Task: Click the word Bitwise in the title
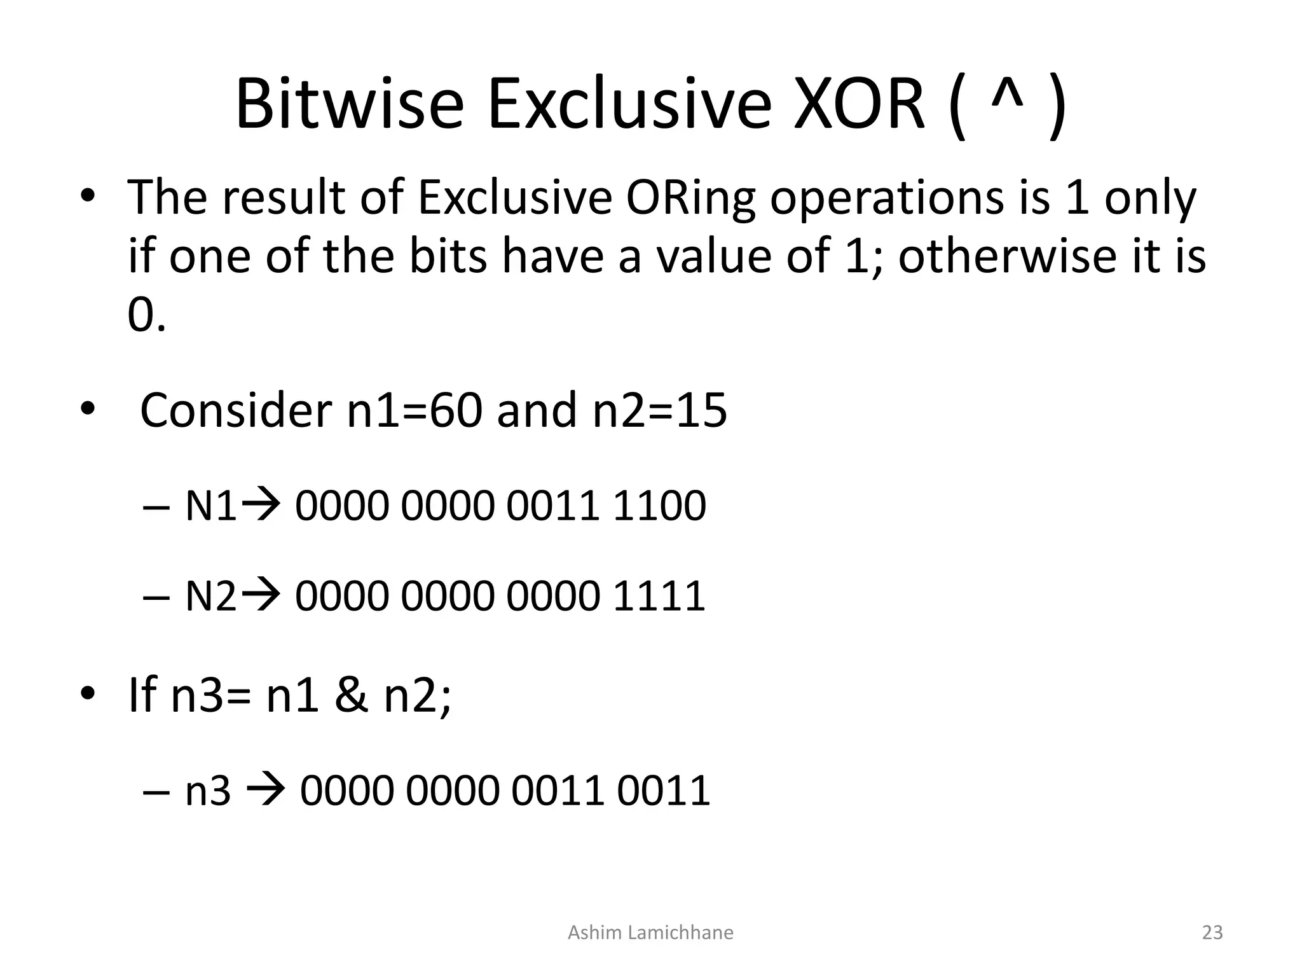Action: tap(350, 105)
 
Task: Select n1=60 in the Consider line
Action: tap(417, 411)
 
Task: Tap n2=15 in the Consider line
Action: tap(659, 411)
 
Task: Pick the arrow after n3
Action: tap(266, 791)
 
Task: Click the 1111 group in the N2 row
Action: tap(659, 597)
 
